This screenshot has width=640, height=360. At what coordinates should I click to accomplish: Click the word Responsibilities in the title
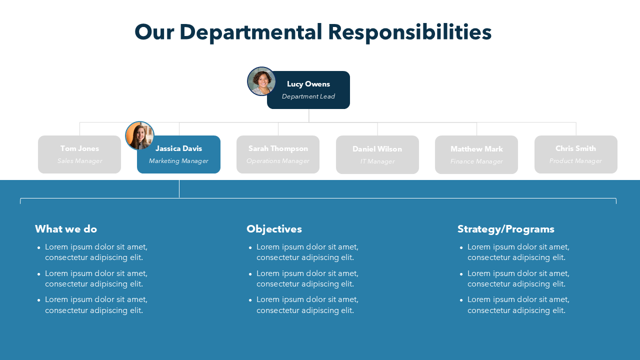tap(409, 32)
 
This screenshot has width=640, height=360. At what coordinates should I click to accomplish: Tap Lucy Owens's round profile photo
tap(261, 81)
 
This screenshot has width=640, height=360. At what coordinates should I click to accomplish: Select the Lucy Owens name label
tap(308, 84)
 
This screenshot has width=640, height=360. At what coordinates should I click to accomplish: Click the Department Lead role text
tap(308, 96)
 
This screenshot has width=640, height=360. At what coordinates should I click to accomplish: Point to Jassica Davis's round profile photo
tap(139, 135)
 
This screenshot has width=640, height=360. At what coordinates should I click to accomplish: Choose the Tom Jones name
tap(79, 148)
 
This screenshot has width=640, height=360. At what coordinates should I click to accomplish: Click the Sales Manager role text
tap(79, 161)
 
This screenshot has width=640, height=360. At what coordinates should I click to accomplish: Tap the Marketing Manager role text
tap(178, 161)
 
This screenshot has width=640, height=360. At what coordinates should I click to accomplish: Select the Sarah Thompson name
tap(278, 148)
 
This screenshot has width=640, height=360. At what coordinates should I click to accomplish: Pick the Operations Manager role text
tap(278, 161)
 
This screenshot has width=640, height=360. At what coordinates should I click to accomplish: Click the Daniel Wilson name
tap(377, 149)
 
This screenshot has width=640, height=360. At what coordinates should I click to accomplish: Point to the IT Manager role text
tap(377, 161)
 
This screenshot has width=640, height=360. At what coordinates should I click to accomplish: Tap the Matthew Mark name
tap(476, 149)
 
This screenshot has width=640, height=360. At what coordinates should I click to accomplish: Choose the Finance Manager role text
tap(476, 161)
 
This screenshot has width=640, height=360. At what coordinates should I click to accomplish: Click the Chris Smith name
tap(575, 148)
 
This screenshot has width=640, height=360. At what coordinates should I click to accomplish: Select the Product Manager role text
tap(575, 161)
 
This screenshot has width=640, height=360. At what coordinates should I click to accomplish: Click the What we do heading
tap(66, 229)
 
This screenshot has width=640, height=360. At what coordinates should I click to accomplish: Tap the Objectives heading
tap(274, 229)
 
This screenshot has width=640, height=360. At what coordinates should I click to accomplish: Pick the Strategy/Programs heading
tap(505, 229)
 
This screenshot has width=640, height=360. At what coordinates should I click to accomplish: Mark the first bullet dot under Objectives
tap(250, 247)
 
